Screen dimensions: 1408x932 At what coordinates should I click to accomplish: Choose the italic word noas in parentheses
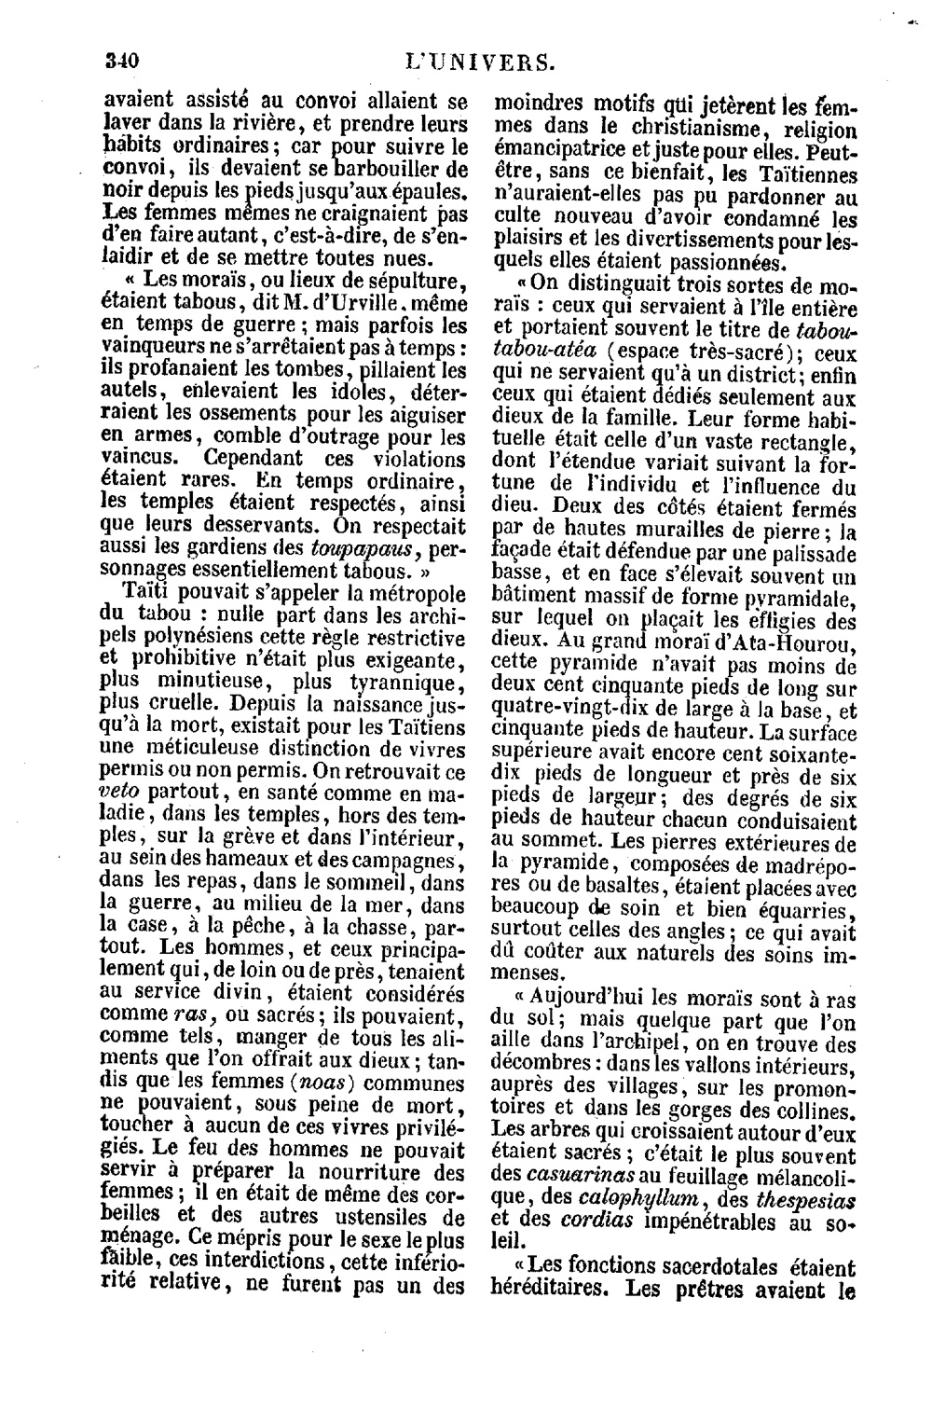click(x=324, y=1084)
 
